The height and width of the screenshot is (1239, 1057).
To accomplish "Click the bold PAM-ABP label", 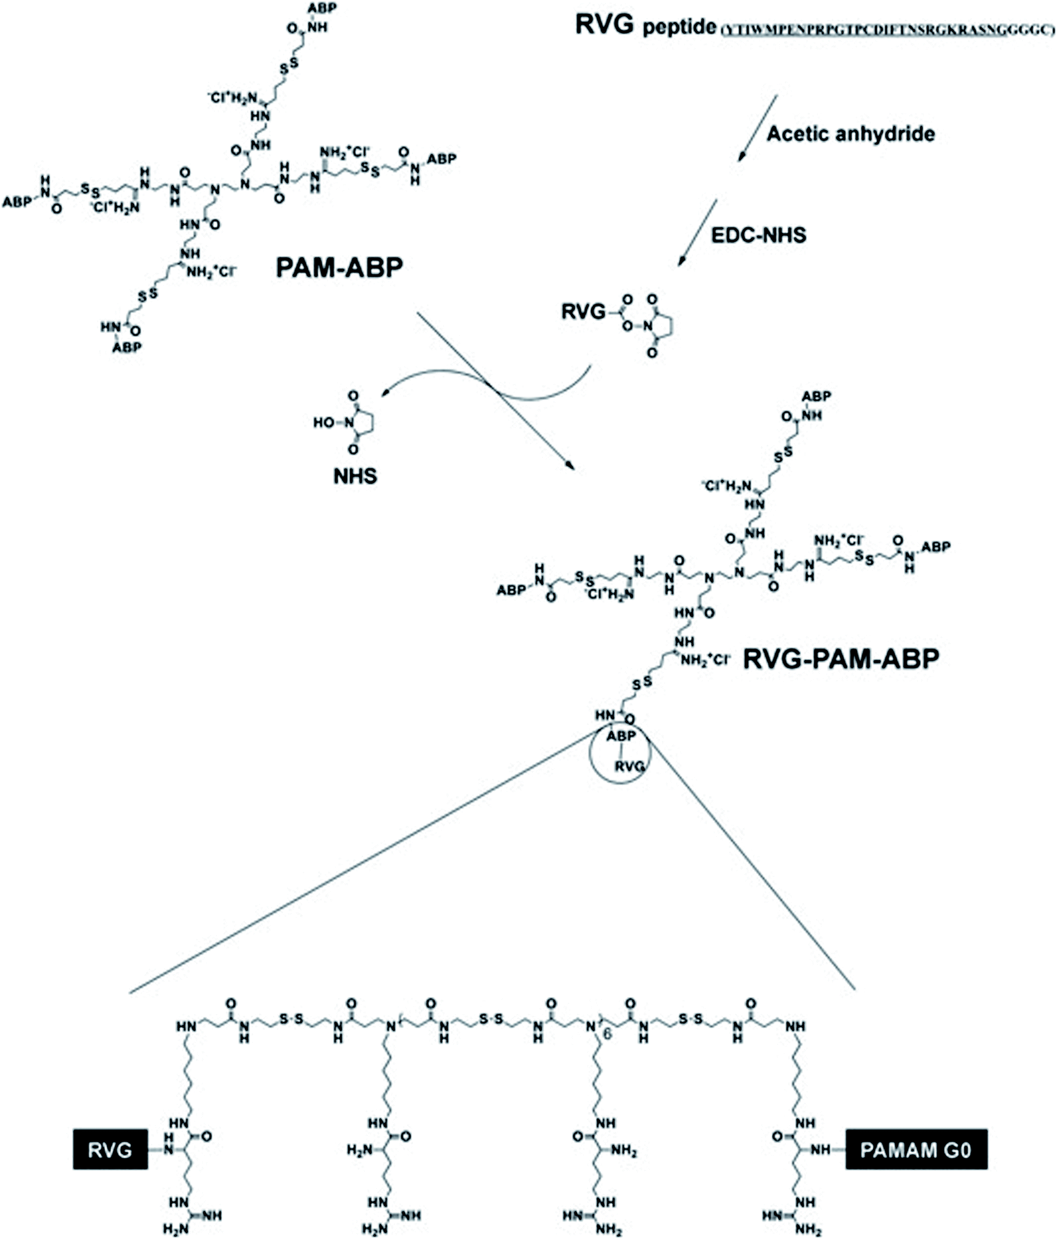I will [x=339, y=268].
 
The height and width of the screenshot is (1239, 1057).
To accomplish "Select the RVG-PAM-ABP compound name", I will [x=841, y=659].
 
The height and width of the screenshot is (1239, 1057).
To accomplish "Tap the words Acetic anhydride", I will [x=850, y=133].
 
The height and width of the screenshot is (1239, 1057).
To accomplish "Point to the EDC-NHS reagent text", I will [x=758, y=235].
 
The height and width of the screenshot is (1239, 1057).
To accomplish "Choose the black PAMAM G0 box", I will [x=916, y=1149].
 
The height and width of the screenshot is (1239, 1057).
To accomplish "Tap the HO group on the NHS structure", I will [x=324, y=423].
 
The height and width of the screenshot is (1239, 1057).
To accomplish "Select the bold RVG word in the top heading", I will [x=604, y=25].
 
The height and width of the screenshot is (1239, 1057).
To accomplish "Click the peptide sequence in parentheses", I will [x=887, y=30].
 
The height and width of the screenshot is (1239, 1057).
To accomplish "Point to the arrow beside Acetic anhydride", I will [x=757, y=128].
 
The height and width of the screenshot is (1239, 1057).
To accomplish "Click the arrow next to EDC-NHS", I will [x=697, y=233].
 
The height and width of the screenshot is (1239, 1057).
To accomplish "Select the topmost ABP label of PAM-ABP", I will [x=321, y=8].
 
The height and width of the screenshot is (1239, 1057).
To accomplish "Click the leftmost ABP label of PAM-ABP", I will [x=17, y=202].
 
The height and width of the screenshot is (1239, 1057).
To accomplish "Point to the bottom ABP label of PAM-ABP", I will [x=127, y=347].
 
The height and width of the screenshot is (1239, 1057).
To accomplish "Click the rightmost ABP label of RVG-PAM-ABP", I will [x=936, y=546].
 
